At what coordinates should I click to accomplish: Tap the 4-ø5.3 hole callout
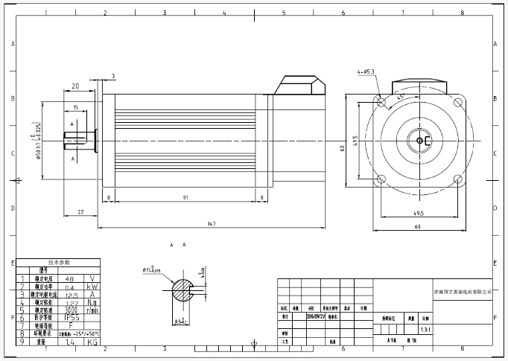pyautogui.click(x=365, y=72)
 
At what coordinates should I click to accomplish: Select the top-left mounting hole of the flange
pyautogui.click(x=381, y=101)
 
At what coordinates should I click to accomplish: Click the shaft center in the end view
pyautogui.click(x=419, y=140)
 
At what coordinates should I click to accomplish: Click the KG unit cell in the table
pyautogui.click(x=92, y=342)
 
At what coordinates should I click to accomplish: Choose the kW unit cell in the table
pyautogui.click(x=92, y=285)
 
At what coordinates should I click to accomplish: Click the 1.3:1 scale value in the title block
pyautogui.click(x=425, y=328)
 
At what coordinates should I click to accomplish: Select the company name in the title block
pyautogui.click(x=464, y=293)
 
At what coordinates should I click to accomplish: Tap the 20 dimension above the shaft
pyautogui.click(x=76, y=86)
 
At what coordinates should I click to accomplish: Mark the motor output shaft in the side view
pyautogui.click(x=77, y=138)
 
